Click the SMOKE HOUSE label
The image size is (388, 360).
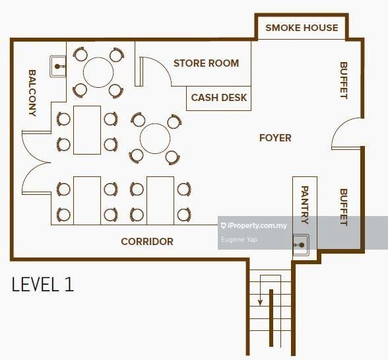click(302, 28)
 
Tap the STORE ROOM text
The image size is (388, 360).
click(206, 63)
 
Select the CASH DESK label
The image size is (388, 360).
click(219, 98)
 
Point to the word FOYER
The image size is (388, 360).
click(275, 138)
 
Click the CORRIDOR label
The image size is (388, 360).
click(147, 242)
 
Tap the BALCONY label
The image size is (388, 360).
click(32, 93)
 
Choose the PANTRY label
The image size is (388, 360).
click(305, 205)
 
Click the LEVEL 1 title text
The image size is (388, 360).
click(42, 284)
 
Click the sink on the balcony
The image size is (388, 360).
click(58, 67)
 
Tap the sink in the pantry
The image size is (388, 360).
click(301, 245)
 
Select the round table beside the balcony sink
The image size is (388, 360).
click(98, 73)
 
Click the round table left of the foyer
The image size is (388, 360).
click(155, 139)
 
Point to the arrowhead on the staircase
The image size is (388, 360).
click(260, 303)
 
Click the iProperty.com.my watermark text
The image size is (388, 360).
click(254, 225)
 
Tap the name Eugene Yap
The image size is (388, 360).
click(239, 240)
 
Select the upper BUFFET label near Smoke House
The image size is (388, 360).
click(343, 81)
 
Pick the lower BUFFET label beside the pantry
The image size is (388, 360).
click(343, 207)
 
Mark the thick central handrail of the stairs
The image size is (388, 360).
click(271, 318)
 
